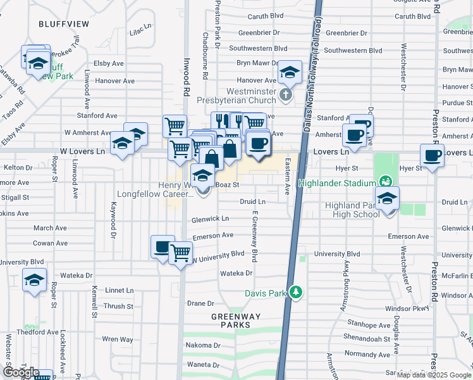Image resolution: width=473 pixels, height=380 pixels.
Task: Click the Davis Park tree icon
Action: pyautogui.click(x=295, y=292)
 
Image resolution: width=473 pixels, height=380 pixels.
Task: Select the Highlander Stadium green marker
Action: pyautogui.click(x=383, y=182)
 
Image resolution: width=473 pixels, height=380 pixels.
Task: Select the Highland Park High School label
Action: pyautogui.click(x=352, y=210)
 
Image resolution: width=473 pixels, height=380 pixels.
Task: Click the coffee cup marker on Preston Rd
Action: pyautogui.click(x=433, y=155)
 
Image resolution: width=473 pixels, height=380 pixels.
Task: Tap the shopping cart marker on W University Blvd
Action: pyautogui.click(x=181, y=252)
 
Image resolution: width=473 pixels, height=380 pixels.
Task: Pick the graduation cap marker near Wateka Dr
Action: pyautogui.click(x=34, y=279)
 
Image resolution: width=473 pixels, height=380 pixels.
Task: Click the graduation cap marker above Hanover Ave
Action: pyautogui.click(x=290, y=73)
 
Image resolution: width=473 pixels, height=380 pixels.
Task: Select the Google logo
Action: pyautogui.click(x=20, y=372)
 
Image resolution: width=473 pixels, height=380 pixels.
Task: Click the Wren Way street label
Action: pyautogui.click(x=118, y=339)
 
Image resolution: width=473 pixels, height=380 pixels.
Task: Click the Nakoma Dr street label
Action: pyautogui.click(x=202, y=346)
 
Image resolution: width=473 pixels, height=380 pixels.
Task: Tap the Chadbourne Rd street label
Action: pyautogui.click(x=205, y=56)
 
